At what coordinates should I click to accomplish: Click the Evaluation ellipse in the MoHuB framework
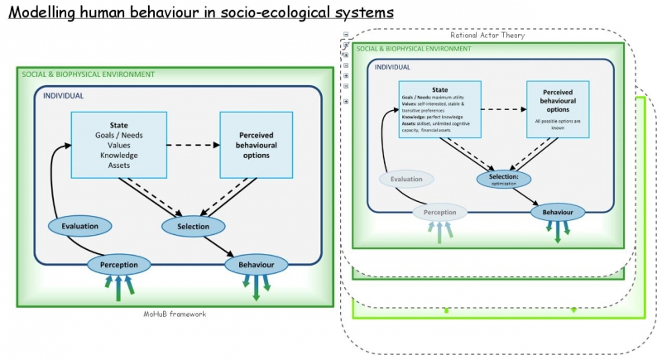click(85, 225)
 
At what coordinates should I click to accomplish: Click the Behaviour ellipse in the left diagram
click(256, 265)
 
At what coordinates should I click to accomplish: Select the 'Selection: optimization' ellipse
click(503, 178)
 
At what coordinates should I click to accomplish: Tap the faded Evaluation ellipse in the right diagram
click(406, 179)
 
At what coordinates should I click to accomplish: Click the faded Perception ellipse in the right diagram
click(439, 212)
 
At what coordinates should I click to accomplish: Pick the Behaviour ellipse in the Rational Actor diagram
click(558, 212)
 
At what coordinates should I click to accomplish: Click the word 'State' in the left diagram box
click(118, 125)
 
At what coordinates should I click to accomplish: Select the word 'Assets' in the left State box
click(118, 165)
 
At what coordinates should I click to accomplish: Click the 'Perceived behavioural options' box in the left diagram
click(256, 144)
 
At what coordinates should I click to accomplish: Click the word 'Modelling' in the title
click(47, 14)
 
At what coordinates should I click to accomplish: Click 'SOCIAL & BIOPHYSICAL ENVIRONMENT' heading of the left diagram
click(89, 74)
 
